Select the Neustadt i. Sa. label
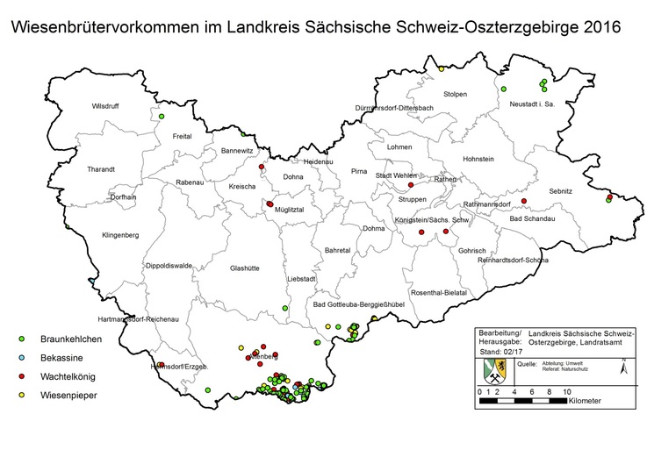533,104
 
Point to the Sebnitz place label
560,189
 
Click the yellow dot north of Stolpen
441,68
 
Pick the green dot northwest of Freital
162,116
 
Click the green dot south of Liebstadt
284,308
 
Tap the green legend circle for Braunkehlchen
21,338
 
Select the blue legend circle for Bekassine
21,357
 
